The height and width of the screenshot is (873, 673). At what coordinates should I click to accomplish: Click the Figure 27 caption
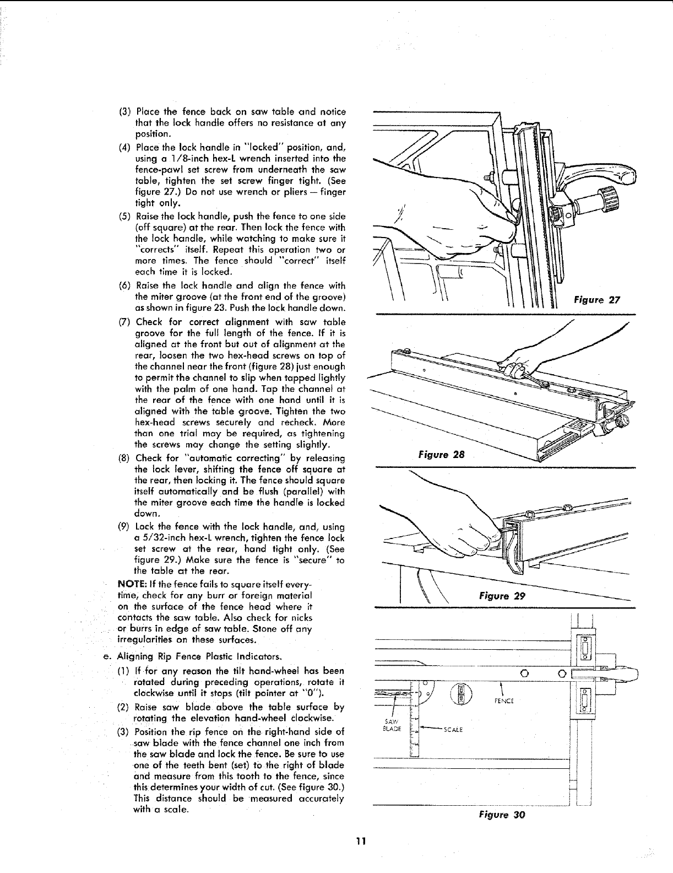coord(597,300)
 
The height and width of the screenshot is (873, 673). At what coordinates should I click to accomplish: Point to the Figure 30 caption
coord(502,815)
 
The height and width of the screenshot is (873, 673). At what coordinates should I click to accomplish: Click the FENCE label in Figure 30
coord(505,700)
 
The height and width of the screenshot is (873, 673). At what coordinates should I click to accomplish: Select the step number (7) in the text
coord(126,321)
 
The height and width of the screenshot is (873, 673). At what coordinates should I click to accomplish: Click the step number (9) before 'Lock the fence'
coord(126,526)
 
